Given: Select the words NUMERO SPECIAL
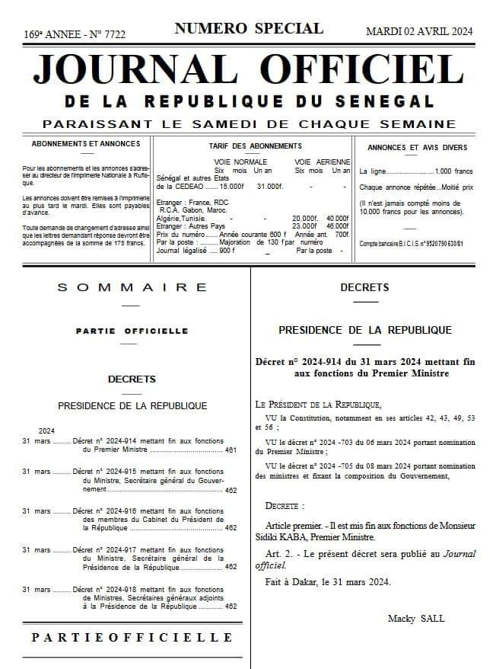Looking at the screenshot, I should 249,29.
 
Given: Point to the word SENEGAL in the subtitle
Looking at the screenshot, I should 389,101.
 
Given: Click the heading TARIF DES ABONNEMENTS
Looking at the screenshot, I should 255,146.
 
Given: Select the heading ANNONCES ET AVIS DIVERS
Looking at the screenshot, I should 417,147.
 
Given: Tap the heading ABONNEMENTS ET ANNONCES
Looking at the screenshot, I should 86,143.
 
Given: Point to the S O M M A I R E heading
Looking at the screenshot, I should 132,287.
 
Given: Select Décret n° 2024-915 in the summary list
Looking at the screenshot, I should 107,472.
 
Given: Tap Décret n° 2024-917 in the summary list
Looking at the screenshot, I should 107,550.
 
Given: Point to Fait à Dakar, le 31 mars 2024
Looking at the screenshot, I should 328,583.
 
